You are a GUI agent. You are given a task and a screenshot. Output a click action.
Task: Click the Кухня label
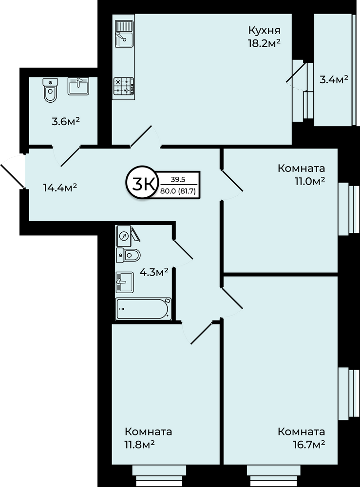[265, 30]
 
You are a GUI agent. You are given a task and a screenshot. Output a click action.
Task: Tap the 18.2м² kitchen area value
[264, 43]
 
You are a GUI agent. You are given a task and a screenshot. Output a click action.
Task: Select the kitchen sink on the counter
[124, 34]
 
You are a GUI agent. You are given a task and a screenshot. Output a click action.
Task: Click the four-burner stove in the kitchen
[124, 86]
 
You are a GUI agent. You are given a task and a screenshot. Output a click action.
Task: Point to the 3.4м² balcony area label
[334, 80]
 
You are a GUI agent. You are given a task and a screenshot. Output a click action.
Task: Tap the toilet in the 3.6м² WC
[50, 91]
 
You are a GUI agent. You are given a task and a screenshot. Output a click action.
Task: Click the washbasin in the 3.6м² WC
[78, 86]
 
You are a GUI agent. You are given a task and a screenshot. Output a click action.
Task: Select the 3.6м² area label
[66, 121]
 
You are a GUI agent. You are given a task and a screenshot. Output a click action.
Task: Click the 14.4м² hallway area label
[60, 187]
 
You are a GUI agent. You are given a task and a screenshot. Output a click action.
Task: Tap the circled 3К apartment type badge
[142, 184]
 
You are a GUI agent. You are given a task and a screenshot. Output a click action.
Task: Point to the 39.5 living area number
[178, 180]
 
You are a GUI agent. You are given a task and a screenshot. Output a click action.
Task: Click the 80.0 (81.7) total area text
[178, 191]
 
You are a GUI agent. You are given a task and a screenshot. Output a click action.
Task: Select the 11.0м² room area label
[310, 181]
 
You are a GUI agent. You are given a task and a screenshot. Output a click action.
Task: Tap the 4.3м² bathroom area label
[154, 273]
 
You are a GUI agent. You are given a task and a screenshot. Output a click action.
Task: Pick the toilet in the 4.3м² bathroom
[128, 255]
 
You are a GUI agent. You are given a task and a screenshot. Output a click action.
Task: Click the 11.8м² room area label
[140, 445]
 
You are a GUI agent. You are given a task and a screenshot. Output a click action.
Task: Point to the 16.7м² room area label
[308, 445]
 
